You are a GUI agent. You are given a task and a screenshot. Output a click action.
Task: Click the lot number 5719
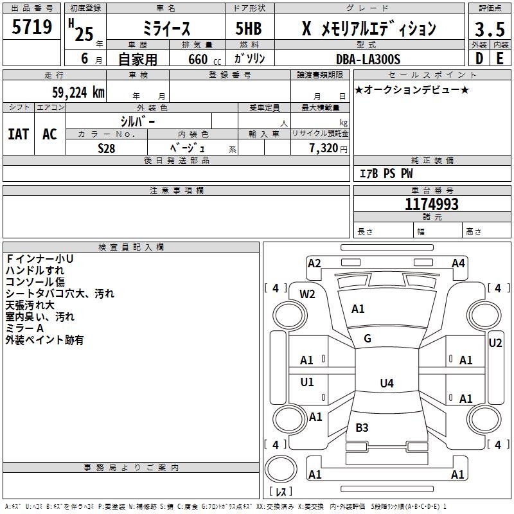(32, 28)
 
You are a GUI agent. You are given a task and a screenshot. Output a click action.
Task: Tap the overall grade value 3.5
(488, 30)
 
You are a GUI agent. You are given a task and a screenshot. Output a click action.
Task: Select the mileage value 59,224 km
(78, 92)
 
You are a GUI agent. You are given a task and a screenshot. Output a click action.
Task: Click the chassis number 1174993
(432, 205)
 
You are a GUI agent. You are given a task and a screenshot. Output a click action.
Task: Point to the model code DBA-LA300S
(368, 59)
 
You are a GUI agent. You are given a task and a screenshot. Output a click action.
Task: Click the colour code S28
(107, 148)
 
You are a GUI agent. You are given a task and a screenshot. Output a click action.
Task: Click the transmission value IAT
(18, 134)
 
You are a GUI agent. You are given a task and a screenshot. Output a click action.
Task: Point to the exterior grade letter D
(479, 58)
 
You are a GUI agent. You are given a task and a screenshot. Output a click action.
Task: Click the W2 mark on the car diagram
(308, 294)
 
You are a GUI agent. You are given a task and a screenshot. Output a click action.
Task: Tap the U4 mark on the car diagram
(386, 384)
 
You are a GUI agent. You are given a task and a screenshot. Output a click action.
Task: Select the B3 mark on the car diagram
(362, 427)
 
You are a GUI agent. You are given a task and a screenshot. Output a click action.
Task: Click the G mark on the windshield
(368, 339)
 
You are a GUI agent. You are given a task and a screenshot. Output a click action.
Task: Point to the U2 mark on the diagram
(495, 343)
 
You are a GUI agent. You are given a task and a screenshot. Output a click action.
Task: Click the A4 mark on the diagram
(458, 263)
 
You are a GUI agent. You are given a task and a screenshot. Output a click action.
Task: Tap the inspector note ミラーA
(25, 328)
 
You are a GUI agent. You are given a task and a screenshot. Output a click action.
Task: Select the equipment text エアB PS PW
(385, 173)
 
